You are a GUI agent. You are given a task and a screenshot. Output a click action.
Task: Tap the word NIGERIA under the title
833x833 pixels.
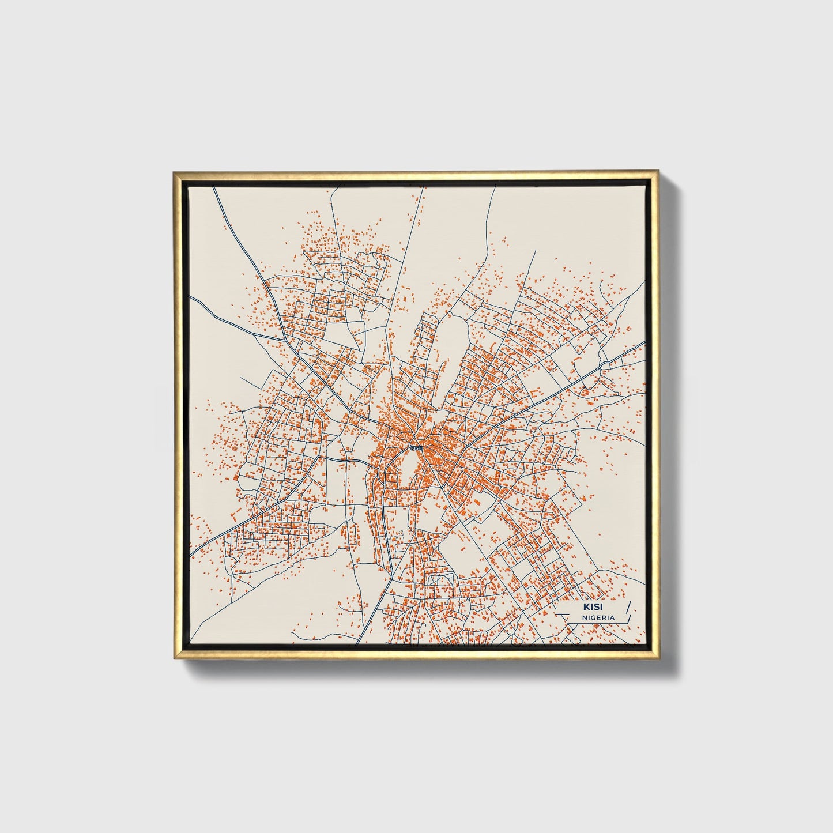point(598,617)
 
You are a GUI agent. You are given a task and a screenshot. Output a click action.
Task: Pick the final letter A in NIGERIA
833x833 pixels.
point(612,617)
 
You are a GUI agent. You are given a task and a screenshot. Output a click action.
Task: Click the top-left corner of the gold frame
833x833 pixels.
point(174,172)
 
